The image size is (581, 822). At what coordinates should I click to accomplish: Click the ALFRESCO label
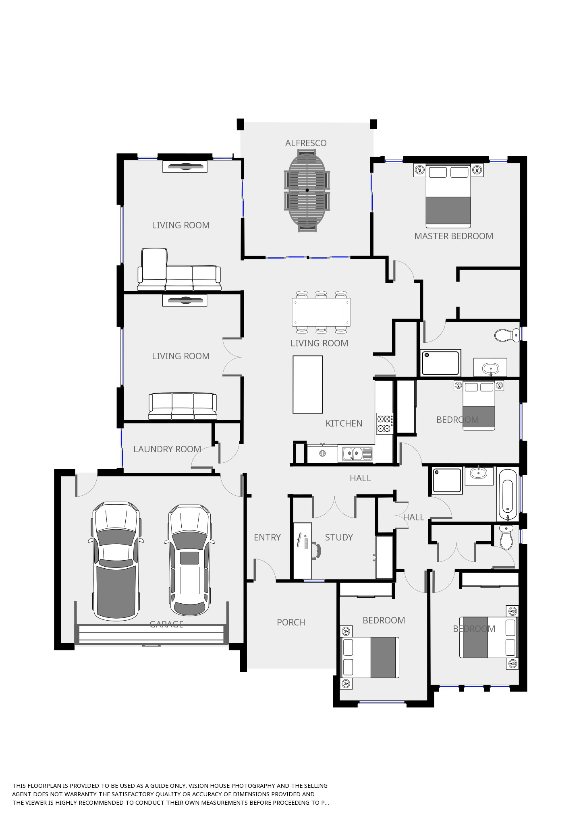click(306, 143)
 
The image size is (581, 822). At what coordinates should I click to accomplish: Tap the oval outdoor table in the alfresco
click(307, 190)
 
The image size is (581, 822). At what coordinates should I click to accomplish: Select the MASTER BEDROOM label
click(454, 236)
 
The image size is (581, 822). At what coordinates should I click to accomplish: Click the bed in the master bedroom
click(448, 195)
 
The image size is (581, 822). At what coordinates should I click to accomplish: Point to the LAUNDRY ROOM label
click(167, 449)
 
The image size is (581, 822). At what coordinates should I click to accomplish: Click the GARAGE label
click(166, 624)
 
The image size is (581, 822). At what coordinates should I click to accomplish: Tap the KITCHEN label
click(344, 423)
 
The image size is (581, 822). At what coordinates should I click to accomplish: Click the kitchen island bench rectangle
click(308, 384)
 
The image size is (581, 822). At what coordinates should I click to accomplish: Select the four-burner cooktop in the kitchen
click(384, 423)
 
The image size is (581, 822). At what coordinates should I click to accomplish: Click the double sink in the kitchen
click(358, 454)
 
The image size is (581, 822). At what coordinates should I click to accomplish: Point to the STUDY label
click(339, 537)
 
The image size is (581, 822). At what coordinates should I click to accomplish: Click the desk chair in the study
click(317, 550)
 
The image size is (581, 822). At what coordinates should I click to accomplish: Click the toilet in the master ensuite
click(507, 335)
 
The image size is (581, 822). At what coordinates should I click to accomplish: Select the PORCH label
click(291, 622)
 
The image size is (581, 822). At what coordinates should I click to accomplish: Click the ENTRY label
click(267, 537)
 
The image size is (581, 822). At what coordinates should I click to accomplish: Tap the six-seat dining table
click(321, 312)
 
